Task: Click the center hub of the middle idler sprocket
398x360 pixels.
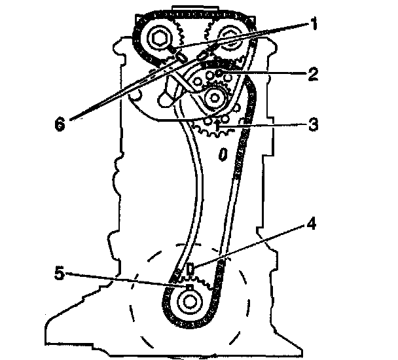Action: [x=215, y=99]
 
